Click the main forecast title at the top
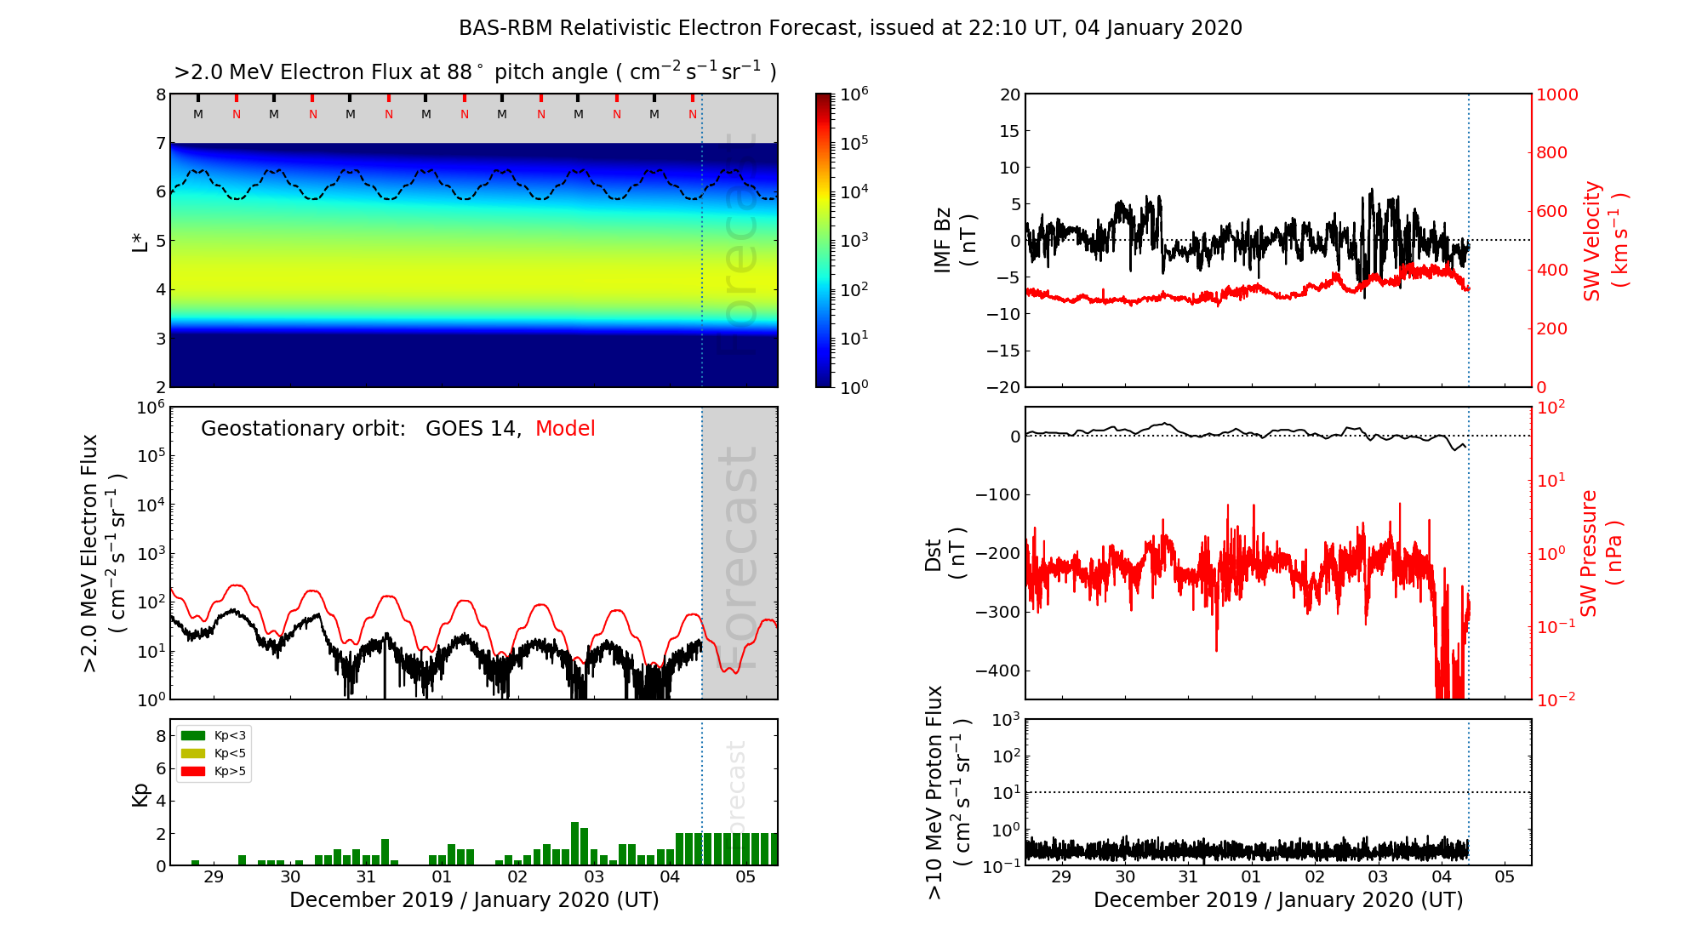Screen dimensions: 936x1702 pos(850,28)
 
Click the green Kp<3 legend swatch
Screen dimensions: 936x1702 pos(193,735)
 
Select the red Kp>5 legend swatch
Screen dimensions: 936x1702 pos(193,772)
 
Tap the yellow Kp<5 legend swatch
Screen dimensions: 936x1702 pos(193,753)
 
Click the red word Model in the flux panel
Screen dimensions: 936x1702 pos(565,429)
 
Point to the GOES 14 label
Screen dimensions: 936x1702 pos(472,429)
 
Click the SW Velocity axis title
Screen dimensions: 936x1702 pos(1604,241)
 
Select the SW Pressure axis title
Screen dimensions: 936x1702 pos(1600,553)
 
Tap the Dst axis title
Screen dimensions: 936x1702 pos(945,553)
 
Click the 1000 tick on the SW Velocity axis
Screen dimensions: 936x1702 pos(1556,94)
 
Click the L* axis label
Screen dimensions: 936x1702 pos(140,241)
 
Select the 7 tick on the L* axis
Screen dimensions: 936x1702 pos(160,143)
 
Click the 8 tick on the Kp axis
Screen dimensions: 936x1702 pos(160,736)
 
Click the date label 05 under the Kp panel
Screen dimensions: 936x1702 pos(745,877)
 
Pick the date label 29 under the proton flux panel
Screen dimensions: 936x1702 pos(1061,877)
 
